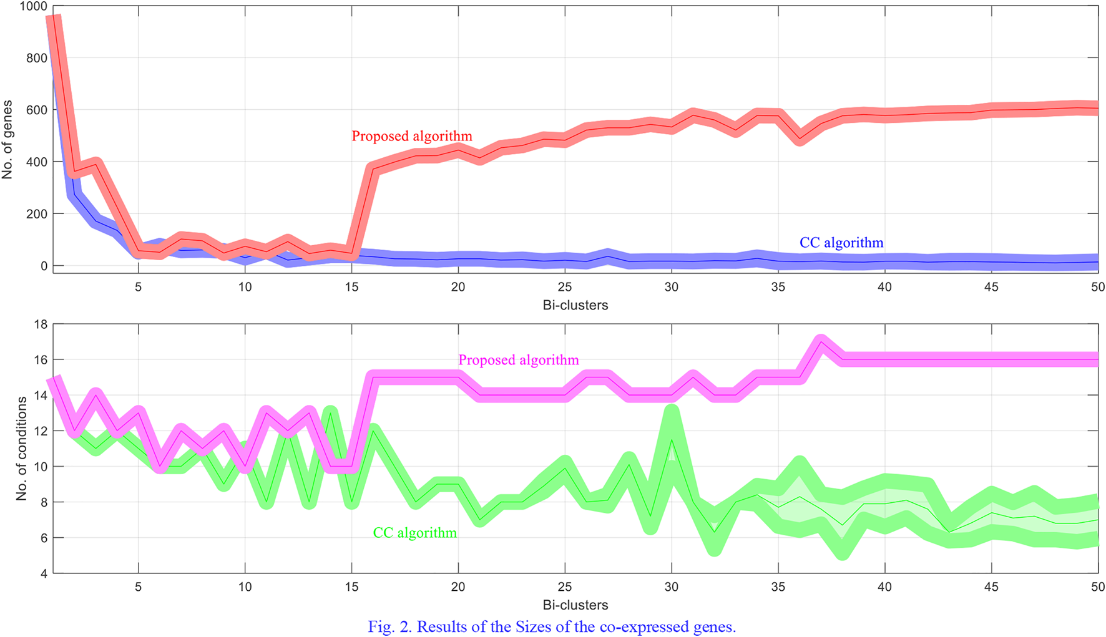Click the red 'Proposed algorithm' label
click(x=411, y=136)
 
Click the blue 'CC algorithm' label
click(x=841, y=243)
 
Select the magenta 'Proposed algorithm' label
click(x=518, y=360)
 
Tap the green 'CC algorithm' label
click(x=414, y=533)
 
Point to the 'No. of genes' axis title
click(x=7, y=140)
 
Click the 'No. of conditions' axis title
click(x=22, y=448)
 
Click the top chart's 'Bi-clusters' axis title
click(x=575, y=305)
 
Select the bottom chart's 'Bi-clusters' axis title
click(x=575, y=605)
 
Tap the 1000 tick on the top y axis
click(x=34, y=6)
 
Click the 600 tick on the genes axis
click(x=37, y=110)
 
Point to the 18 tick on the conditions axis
click(x=41, y=324)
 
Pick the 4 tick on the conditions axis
click(x=44, y=573)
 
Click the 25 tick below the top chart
click(x=564, y=287)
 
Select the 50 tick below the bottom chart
click(x=1097, y=586)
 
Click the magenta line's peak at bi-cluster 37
click(x=821, y=342)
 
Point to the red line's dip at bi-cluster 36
click(x=800, y=139)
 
